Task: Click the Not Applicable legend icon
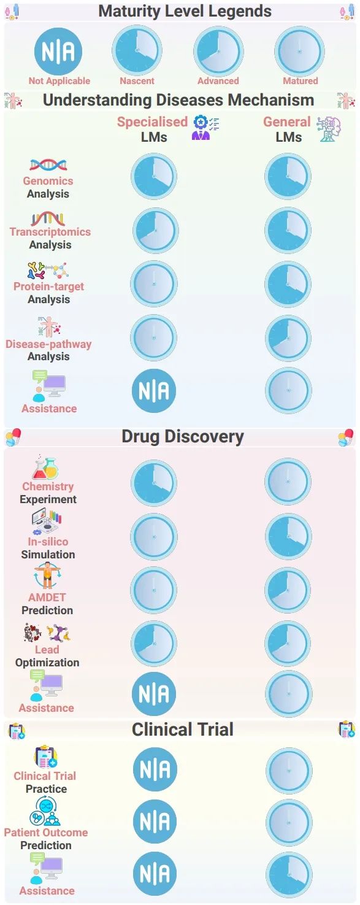click(x=58, y=52)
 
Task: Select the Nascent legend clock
click(x=137, y=50)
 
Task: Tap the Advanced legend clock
click(x=218, y=51)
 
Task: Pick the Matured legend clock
click(x=299, y=51)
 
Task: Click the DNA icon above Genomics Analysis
click(x=48, y=164)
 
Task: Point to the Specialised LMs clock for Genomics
click(x=154, y=176)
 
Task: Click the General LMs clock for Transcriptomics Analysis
click(x=288, y=231)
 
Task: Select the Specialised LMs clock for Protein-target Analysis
click(x=154, y=283)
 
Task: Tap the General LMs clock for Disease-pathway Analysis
click(x=288, y=337)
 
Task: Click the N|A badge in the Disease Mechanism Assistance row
click(x=154, y=391)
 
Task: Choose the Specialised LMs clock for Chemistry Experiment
click(x=154, y=483)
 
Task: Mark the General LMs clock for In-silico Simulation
click(x=288, y=536)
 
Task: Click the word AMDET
click(x=47, y=597)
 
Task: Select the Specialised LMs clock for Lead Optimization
click(x=154, y=643)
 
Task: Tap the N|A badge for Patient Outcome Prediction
click(x=155, y=822)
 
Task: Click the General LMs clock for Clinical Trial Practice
click(x=289, y=771)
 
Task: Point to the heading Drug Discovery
click(x=183, y=436)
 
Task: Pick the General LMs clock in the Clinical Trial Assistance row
click(x=289, y=875)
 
